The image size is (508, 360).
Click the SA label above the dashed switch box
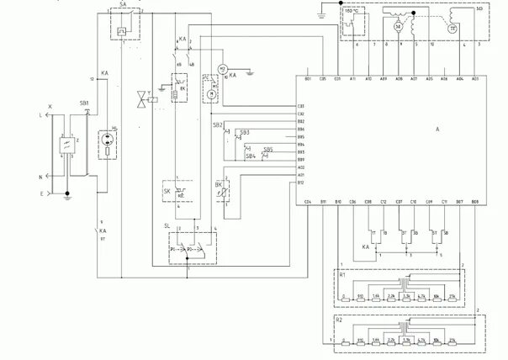click(x=123, y=4)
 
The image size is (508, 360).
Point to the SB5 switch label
click(x=267, y=149)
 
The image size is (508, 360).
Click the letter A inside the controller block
click(x=438, y=129)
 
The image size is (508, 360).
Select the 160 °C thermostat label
click(x=352, y=13)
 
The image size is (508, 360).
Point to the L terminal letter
click(x=40, y=114)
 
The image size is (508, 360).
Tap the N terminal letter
click(x=40, y=177)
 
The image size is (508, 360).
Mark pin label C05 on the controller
click(x=324, y=77)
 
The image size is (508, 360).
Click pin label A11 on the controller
click(x=353, y=77)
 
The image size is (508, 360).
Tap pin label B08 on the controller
click(x=475, y=203)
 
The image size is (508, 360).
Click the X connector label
click(x=50, y=107)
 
